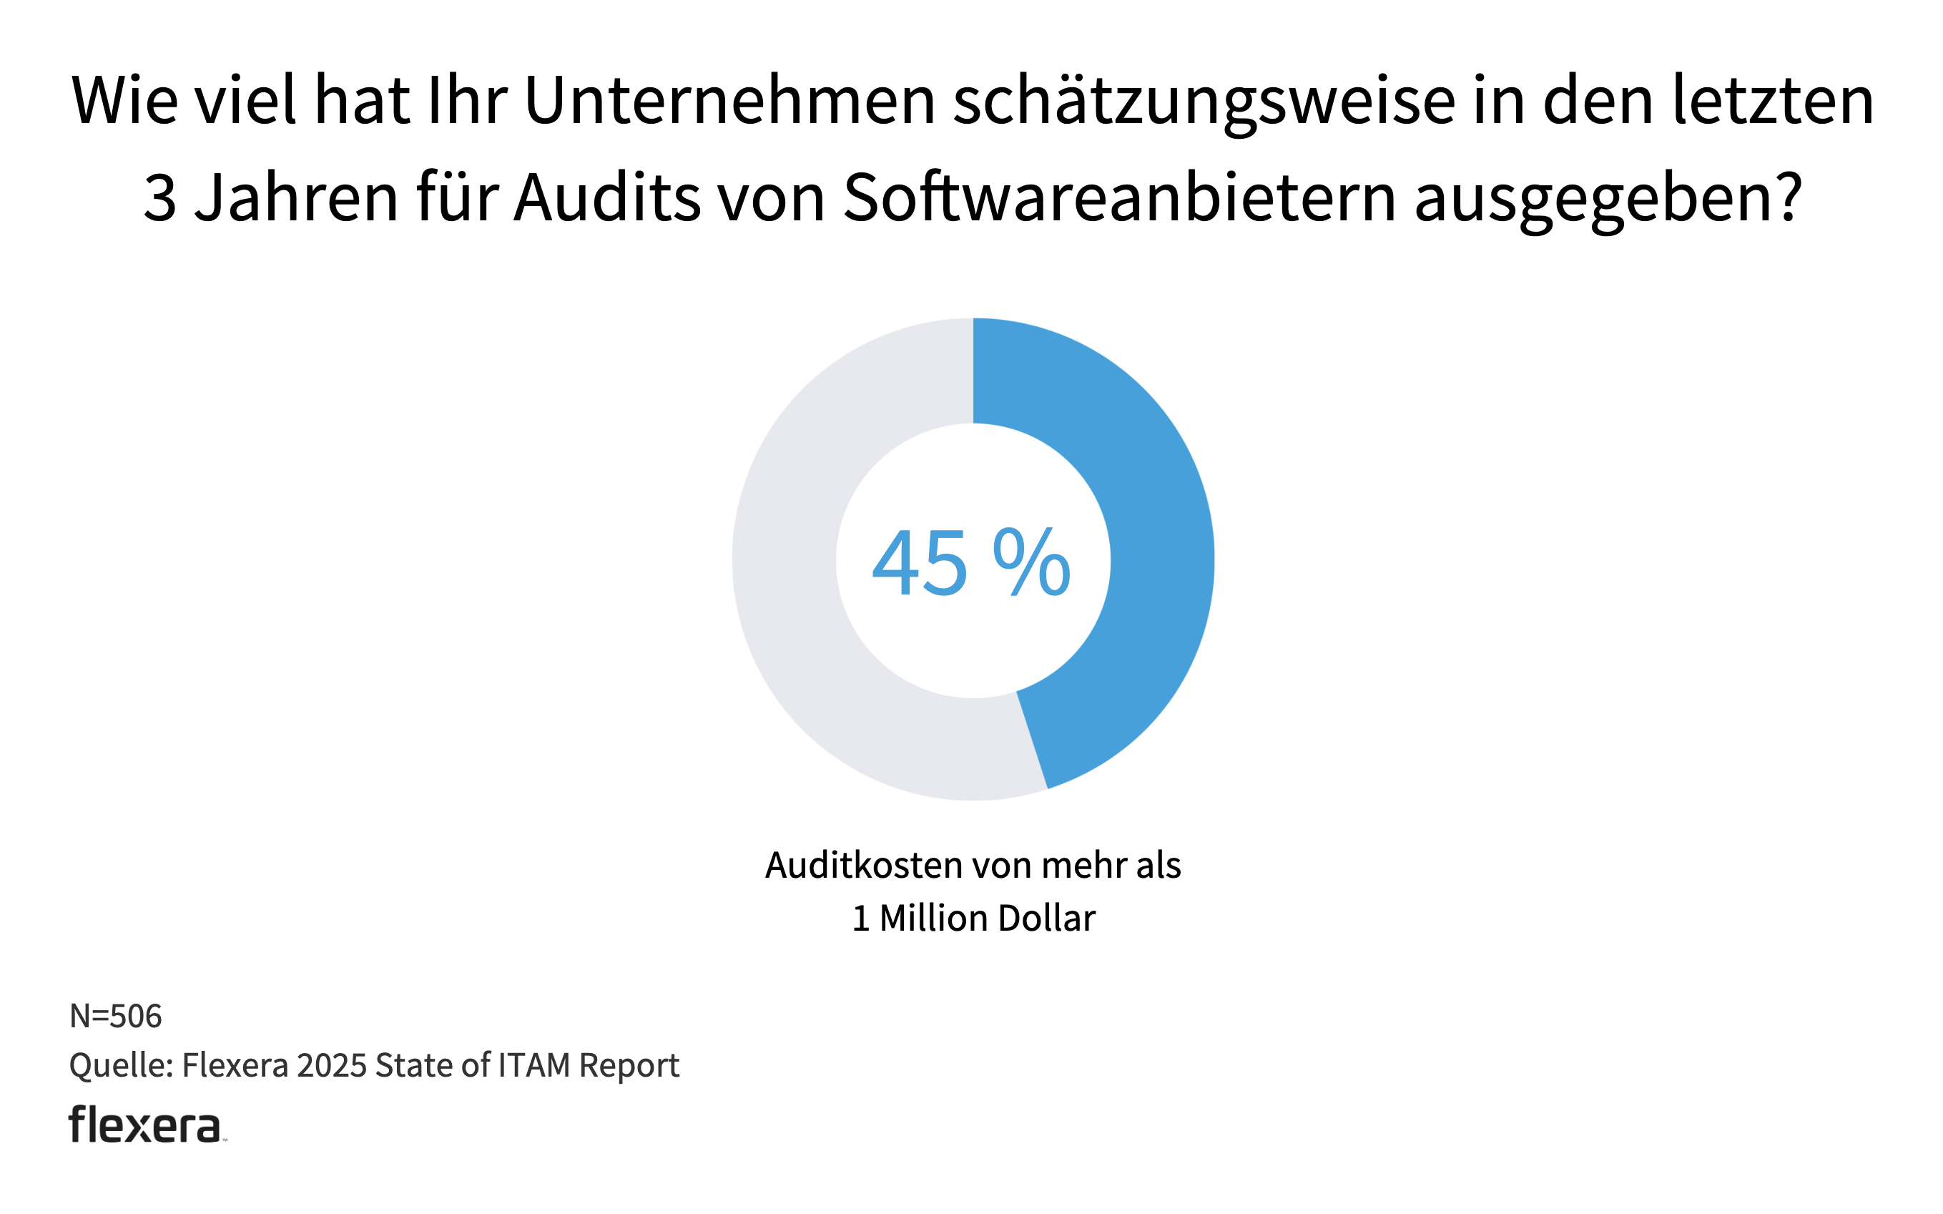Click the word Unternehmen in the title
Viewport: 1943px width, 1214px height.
pos(730,101)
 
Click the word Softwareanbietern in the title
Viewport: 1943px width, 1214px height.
pos(1120,198)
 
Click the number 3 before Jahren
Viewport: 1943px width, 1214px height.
pos(159,199)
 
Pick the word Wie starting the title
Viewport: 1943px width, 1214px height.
pos(124,101)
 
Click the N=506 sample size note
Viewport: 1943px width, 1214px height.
pos(117,1017)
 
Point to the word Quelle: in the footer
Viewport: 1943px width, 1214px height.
pos(121,1066)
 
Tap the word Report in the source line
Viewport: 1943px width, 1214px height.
pos(629,1066)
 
